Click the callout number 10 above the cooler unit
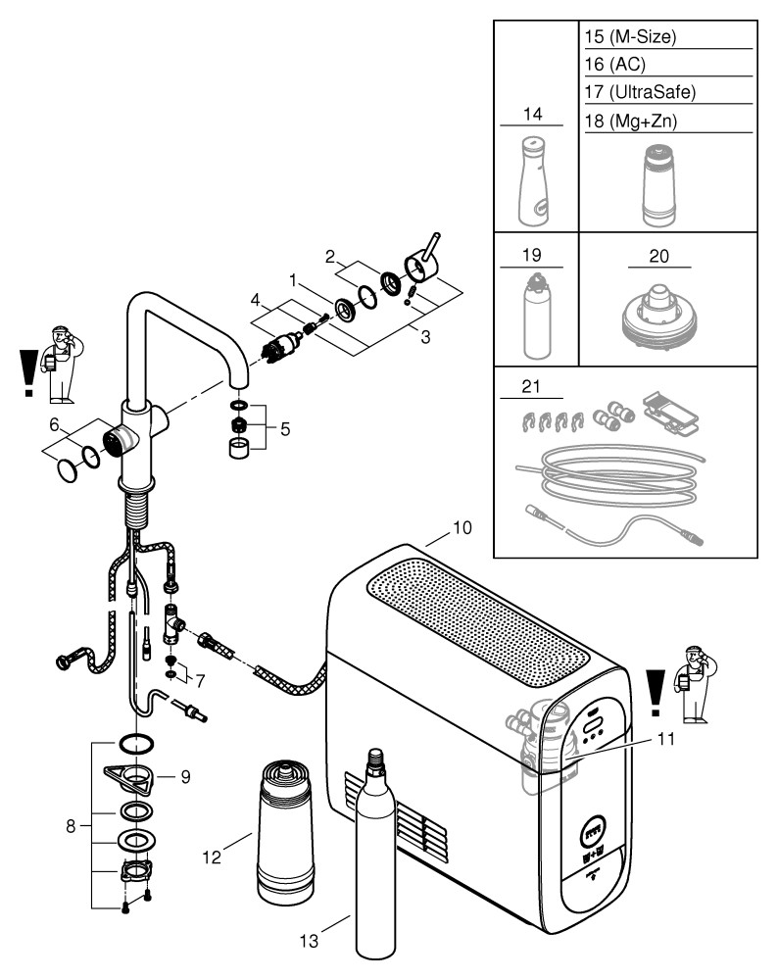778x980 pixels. (x=462, y=528)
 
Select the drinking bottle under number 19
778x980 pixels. (x=535, y=318)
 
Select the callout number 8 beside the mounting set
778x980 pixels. (x=71, y=825)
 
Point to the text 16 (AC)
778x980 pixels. (x=613, y=65)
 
